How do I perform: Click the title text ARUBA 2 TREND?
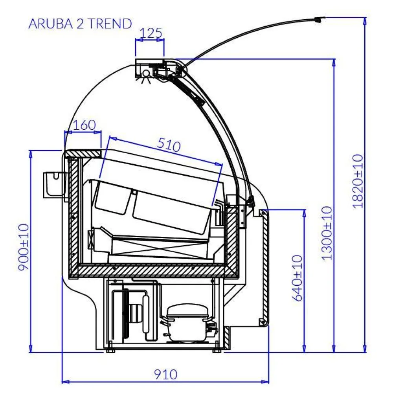click(80, 24)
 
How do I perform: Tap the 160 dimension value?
click(84, 125)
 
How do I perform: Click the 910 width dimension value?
click(165, 374)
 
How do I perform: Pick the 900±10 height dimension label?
click(24, 247)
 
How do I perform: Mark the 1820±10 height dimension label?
click(358, 181)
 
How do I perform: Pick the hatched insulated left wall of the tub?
click(73, 212)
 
